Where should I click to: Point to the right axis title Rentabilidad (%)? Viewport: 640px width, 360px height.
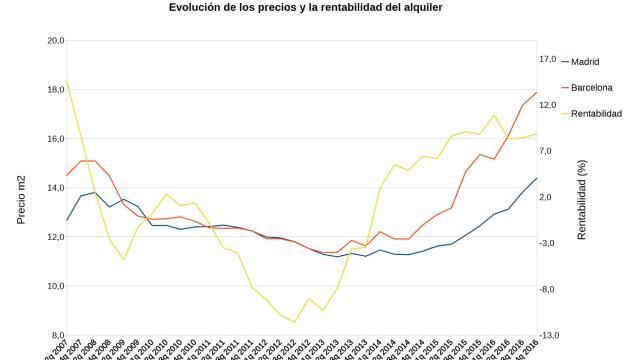[x=581, y=198]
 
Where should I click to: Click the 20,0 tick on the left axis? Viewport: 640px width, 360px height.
[x=53, y=41]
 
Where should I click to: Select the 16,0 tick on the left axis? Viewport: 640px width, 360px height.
[x=53, y=139]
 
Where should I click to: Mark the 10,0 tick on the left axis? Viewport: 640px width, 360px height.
[x=53, y=286]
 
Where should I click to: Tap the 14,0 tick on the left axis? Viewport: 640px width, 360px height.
[x=53, y=188]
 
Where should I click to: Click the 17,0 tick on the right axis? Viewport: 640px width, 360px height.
[x=548, y=59]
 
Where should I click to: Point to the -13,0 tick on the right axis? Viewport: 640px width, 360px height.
[x=548, y=335]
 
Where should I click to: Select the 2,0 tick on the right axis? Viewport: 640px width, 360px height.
[x=548, y=197]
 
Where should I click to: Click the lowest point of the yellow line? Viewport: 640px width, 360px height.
[x=295, y=322]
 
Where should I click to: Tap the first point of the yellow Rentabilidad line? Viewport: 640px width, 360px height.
[x=67, y=82]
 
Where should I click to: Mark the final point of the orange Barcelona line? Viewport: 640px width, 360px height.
[x=537, y=93]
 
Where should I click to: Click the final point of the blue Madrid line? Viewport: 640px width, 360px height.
[x=537, y=179]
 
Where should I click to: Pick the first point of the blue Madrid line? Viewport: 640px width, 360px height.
[x=67, y=220]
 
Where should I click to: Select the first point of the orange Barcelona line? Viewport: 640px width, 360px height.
[x=67, y=175]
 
